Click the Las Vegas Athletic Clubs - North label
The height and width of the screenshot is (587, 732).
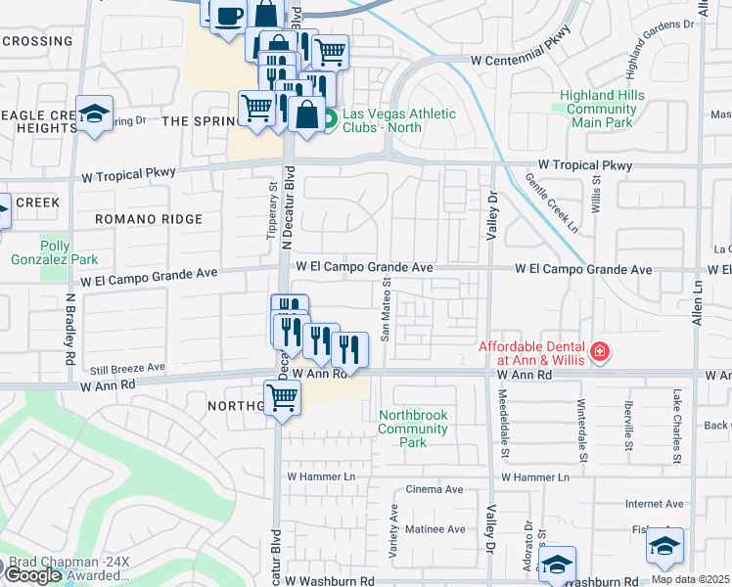click(x=398, y=120)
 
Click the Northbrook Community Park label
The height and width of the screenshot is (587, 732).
click(x=413, y=429)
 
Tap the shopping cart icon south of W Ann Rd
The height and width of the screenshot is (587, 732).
click(x=282, y=398)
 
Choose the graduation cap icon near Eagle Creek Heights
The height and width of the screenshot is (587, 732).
click(x=95, y=114)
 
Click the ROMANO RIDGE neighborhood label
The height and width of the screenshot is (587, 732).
click(x=149, y=219)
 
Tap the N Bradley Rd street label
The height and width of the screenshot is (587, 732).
click(x=70, y=329)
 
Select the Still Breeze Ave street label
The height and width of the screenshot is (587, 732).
click(x=124, y=368)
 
